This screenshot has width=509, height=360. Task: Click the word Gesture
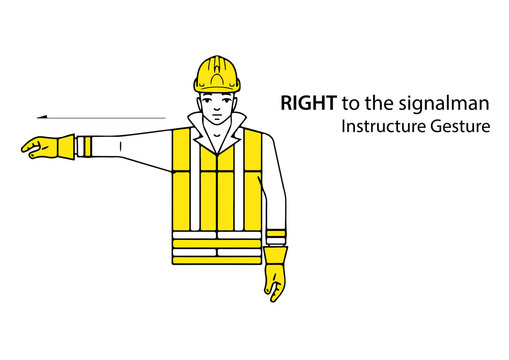(457, 128)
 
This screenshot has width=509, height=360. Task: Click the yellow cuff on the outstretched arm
(80, 146)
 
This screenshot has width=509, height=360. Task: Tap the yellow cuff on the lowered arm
(276, 238)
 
